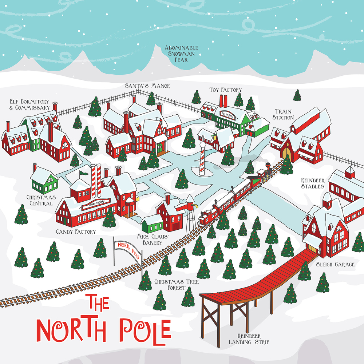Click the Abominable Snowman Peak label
[181, 54]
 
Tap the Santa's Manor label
[142, 86]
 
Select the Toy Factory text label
[225, 90]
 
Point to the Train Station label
[284, 114]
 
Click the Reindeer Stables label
[312, 183]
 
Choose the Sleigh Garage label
[335, 264]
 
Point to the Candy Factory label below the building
[76, 232]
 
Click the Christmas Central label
[39, 200]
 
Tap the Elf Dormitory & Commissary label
[29, 105]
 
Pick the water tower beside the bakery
[190, 213]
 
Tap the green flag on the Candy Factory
[84, 173]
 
